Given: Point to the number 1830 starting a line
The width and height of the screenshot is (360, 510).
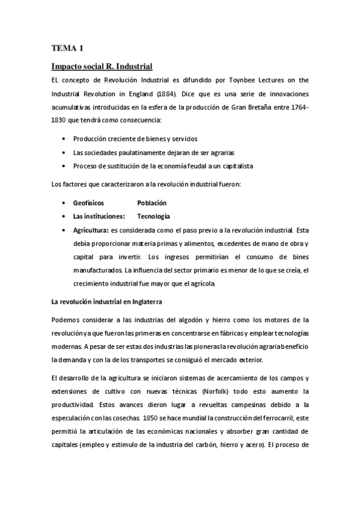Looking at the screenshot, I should click(x=59, y=120).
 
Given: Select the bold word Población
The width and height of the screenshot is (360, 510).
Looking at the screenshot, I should click(x=152, y=203).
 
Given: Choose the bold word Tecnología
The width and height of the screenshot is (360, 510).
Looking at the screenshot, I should click(x=154, y=216).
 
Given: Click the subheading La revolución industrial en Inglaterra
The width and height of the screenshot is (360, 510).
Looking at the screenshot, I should click(x=107, y=301).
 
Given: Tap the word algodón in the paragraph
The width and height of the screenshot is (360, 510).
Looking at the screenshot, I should click(x=191, y=319).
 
